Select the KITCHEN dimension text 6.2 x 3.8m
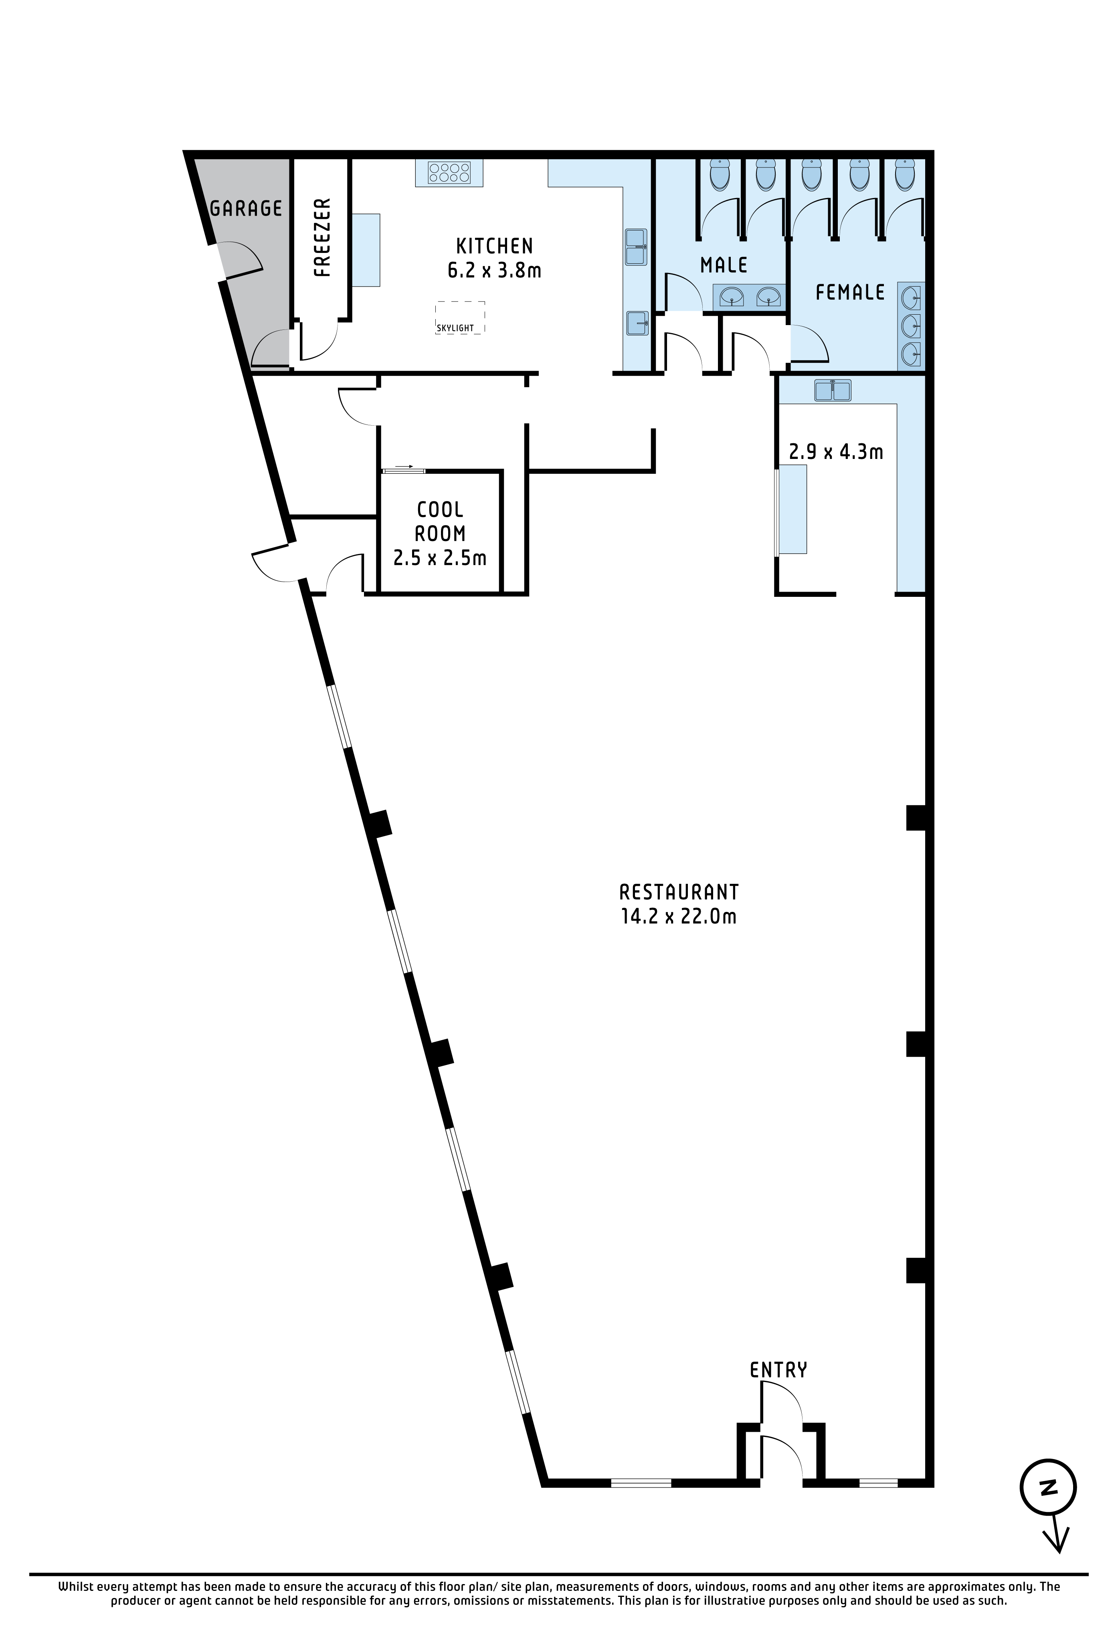[494, 270]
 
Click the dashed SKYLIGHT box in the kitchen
[461, 317]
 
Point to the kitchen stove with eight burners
[449, 172]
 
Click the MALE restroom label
[724, 265]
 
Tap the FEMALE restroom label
[850, 292]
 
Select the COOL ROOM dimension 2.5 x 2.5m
[440, 558]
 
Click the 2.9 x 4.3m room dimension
[836, 451]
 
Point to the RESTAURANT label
[679, 892]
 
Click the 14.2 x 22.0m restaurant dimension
[679, 917]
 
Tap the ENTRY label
[778, 1370]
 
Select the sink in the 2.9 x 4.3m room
[833, 390]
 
